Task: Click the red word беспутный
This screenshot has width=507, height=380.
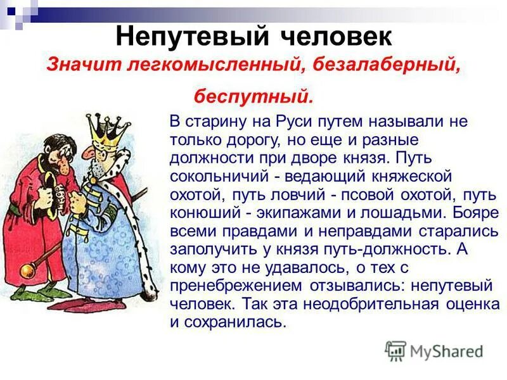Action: (x=253, y=98)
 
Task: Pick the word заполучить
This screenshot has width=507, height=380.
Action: (x=215, y=250)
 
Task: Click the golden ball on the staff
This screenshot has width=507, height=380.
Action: (x=27, y=272)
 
